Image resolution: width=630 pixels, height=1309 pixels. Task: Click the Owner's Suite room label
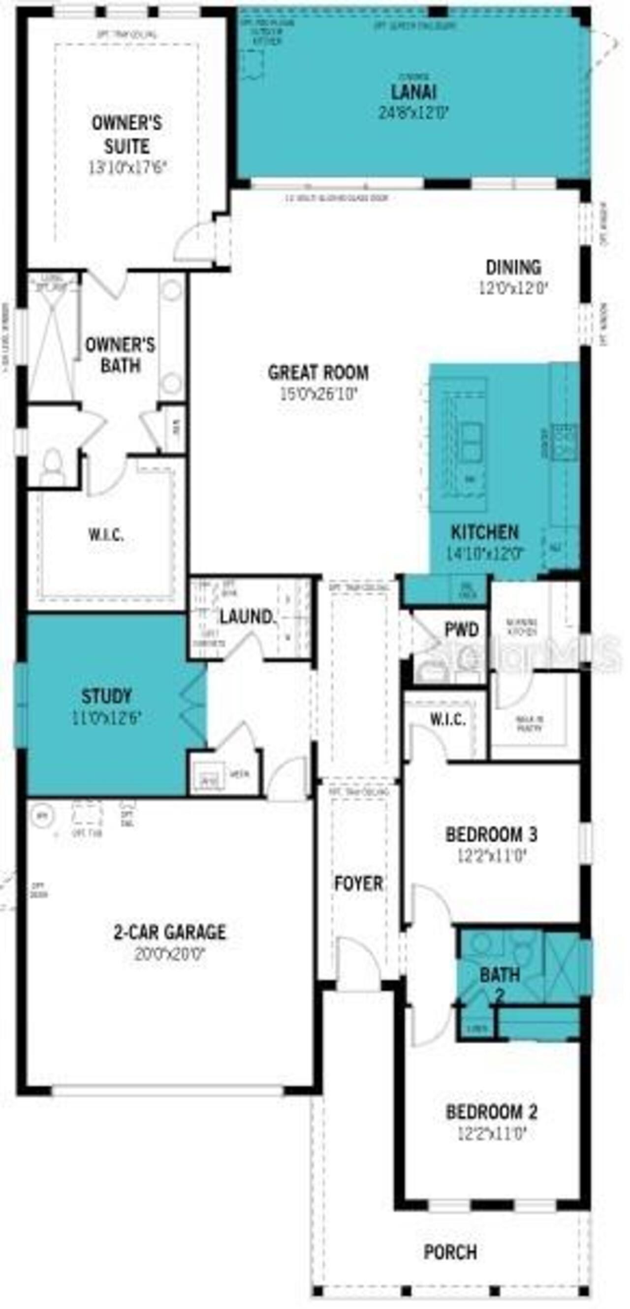tap(126, 135)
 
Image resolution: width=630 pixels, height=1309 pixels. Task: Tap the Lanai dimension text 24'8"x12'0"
tap(413, 112)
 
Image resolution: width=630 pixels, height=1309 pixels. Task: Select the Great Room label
tap(318, 372)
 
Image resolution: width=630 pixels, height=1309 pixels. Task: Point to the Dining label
tap(513, 267)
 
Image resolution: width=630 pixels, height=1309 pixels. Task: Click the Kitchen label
tap(485, 533)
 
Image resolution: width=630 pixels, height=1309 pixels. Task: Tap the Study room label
tap(107, 696)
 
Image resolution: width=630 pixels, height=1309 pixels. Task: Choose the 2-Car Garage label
tap(170, 932)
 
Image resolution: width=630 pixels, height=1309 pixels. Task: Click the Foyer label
tap(358, 883)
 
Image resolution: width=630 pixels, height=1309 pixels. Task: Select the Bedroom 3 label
tap(491, 834)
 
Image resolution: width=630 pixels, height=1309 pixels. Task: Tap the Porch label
tap(450, 1252)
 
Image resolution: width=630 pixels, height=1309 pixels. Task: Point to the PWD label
tap(462, 630)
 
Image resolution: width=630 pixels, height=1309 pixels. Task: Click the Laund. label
tap(248, 617)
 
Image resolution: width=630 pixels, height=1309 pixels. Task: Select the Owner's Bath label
tap(120, 355)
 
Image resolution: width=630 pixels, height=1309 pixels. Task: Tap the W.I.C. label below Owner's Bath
tap(106, 535)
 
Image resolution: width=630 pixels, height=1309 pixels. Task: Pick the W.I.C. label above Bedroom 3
tap(447, 719)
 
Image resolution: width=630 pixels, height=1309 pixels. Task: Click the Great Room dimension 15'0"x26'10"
tap(318, 394)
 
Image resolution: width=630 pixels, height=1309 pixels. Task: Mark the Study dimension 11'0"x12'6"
tap(107, 718)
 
